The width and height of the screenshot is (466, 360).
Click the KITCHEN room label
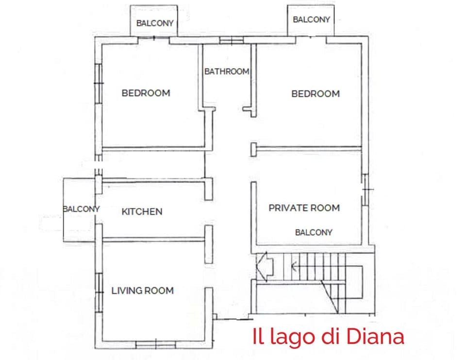(142, 212)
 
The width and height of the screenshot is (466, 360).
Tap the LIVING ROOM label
(142, 291)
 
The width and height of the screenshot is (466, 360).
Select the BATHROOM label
(227, 71)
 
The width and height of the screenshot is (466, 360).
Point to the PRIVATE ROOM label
(304, 208)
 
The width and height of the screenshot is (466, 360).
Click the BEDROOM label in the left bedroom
(146, 93)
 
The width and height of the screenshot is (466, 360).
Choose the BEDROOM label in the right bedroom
(316, 94)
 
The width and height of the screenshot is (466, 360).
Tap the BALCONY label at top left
(155, 23)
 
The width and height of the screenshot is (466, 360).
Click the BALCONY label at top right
(312, 19)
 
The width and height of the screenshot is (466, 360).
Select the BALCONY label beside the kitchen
(81, 209)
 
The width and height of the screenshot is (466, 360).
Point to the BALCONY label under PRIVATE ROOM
(314, 232)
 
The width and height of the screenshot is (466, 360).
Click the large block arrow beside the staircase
(265, 266)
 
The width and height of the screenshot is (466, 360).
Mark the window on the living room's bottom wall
(155, 344)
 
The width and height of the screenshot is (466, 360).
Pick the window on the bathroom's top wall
(231, 41)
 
